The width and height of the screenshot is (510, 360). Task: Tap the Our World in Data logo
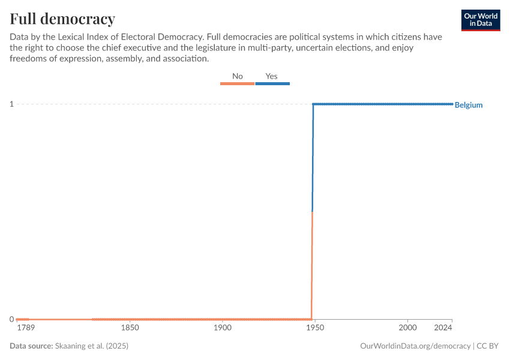481,20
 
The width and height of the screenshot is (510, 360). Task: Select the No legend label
238,76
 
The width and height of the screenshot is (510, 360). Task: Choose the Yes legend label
272,76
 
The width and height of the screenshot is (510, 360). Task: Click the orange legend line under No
238,83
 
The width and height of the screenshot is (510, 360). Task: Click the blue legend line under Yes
272,83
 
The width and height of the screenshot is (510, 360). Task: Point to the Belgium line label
469,105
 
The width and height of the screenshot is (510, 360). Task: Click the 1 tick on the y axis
11,104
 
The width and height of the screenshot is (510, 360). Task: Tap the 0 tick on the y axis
11,319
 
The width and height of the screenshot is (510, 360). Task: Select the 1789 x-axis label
26,328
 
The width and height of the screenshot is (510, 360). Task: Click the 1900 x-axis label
222,328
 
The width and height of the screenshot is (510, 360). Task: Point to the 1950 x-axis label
314,328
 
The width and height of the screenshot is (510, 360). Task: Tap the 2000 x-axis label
407,328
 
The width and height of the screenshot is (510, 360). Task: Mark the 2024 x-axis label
443,328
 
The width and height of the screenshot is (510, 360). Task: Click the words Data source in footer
31,346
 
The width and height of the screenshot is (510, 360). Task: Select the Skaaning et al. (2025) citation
92,346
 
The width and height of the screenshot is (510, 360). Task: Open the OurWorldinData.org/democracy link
415,346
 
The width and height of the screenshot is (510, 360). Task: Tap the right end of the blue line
452,104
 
